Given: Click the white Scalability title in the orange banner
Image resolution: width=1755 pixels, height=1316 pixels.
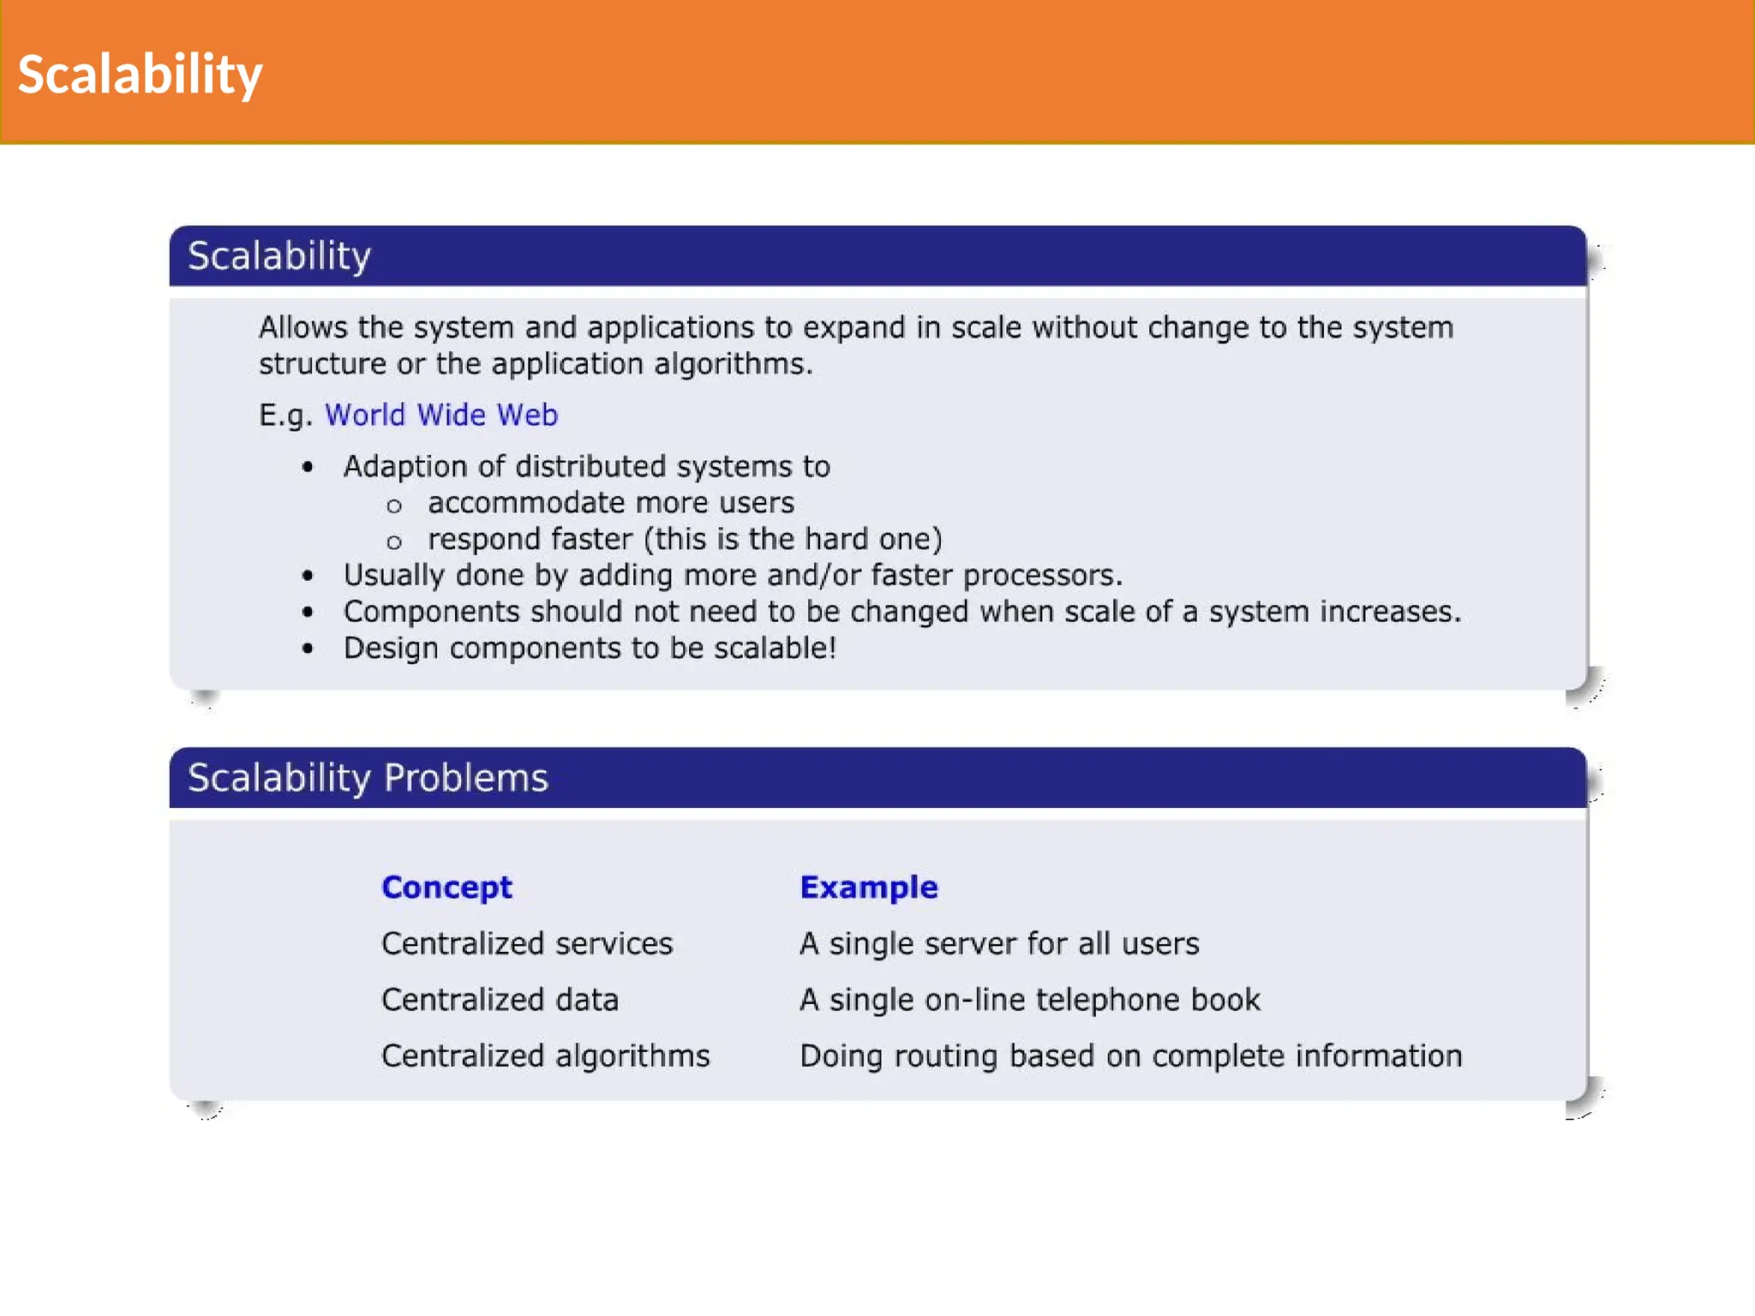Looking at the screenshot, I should (140, 75).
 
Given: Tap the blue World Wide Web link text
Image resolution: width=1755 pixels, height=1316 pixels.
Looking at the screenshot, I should (440, 416).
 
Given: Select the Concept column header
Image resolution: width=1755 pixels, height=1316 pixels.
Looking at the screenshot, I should (446, 888).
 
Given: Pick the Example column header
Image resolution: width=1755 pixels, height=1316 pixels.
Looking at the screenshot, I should (868, 888).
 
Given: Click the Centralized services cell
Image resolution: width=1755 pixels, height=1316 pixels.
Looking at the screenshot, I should (527, 944).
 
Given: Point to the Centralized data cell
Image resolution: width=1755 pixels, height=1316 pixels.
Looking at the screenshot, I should (500, 1000).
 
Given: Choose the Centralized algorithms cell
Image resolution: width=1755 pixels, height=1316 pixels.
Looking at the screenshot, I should (545, 1056).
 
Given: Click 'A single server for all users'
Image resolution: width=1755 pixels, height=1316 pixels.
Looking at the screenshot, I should (999, 944).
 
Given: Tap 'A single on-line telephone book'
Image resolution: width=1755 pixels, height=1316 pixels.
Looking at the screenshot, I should (1029, 1000).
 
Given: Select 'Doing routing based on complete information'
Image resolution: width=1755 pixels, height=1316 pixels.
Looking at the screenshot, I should (1130, 1056).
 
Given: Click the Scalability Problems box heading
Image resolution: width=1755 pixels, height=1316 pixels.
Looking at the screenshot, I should (368, 778).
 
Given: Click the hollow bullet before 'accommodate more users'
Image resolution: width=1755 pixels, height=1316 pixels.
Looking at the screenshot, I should (394, 506).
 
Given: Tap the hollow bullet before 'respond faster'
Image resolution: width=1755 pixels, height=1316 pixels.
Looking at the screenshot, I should (394, 542).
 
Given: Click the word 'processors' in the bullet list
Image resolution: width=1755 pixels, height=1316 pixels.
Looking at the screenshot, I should (1041, 576).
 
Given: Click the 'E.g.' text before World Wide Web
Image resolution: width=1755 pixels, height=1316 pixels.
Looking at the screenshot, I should (285, 416).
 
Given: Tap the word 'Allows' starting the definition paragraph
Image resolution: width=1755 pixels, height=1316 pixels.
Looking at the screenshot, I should (302, 328).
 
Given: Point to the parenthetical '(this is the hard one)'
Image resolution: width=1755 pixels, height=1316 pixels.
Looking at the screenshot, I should (793, 540).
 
